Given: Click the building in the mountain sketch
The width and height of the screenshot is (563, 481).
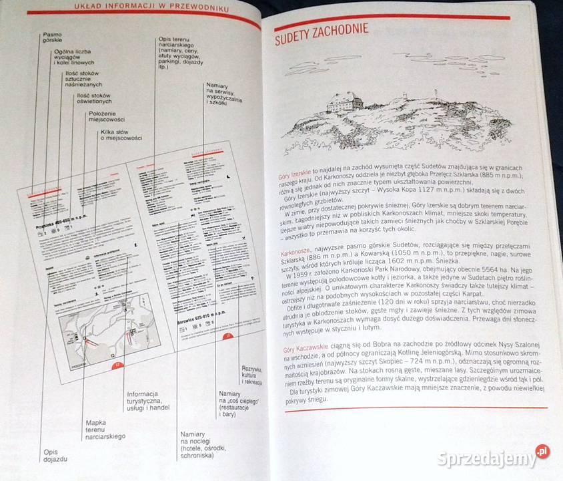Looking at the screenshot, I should (344, 102).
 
